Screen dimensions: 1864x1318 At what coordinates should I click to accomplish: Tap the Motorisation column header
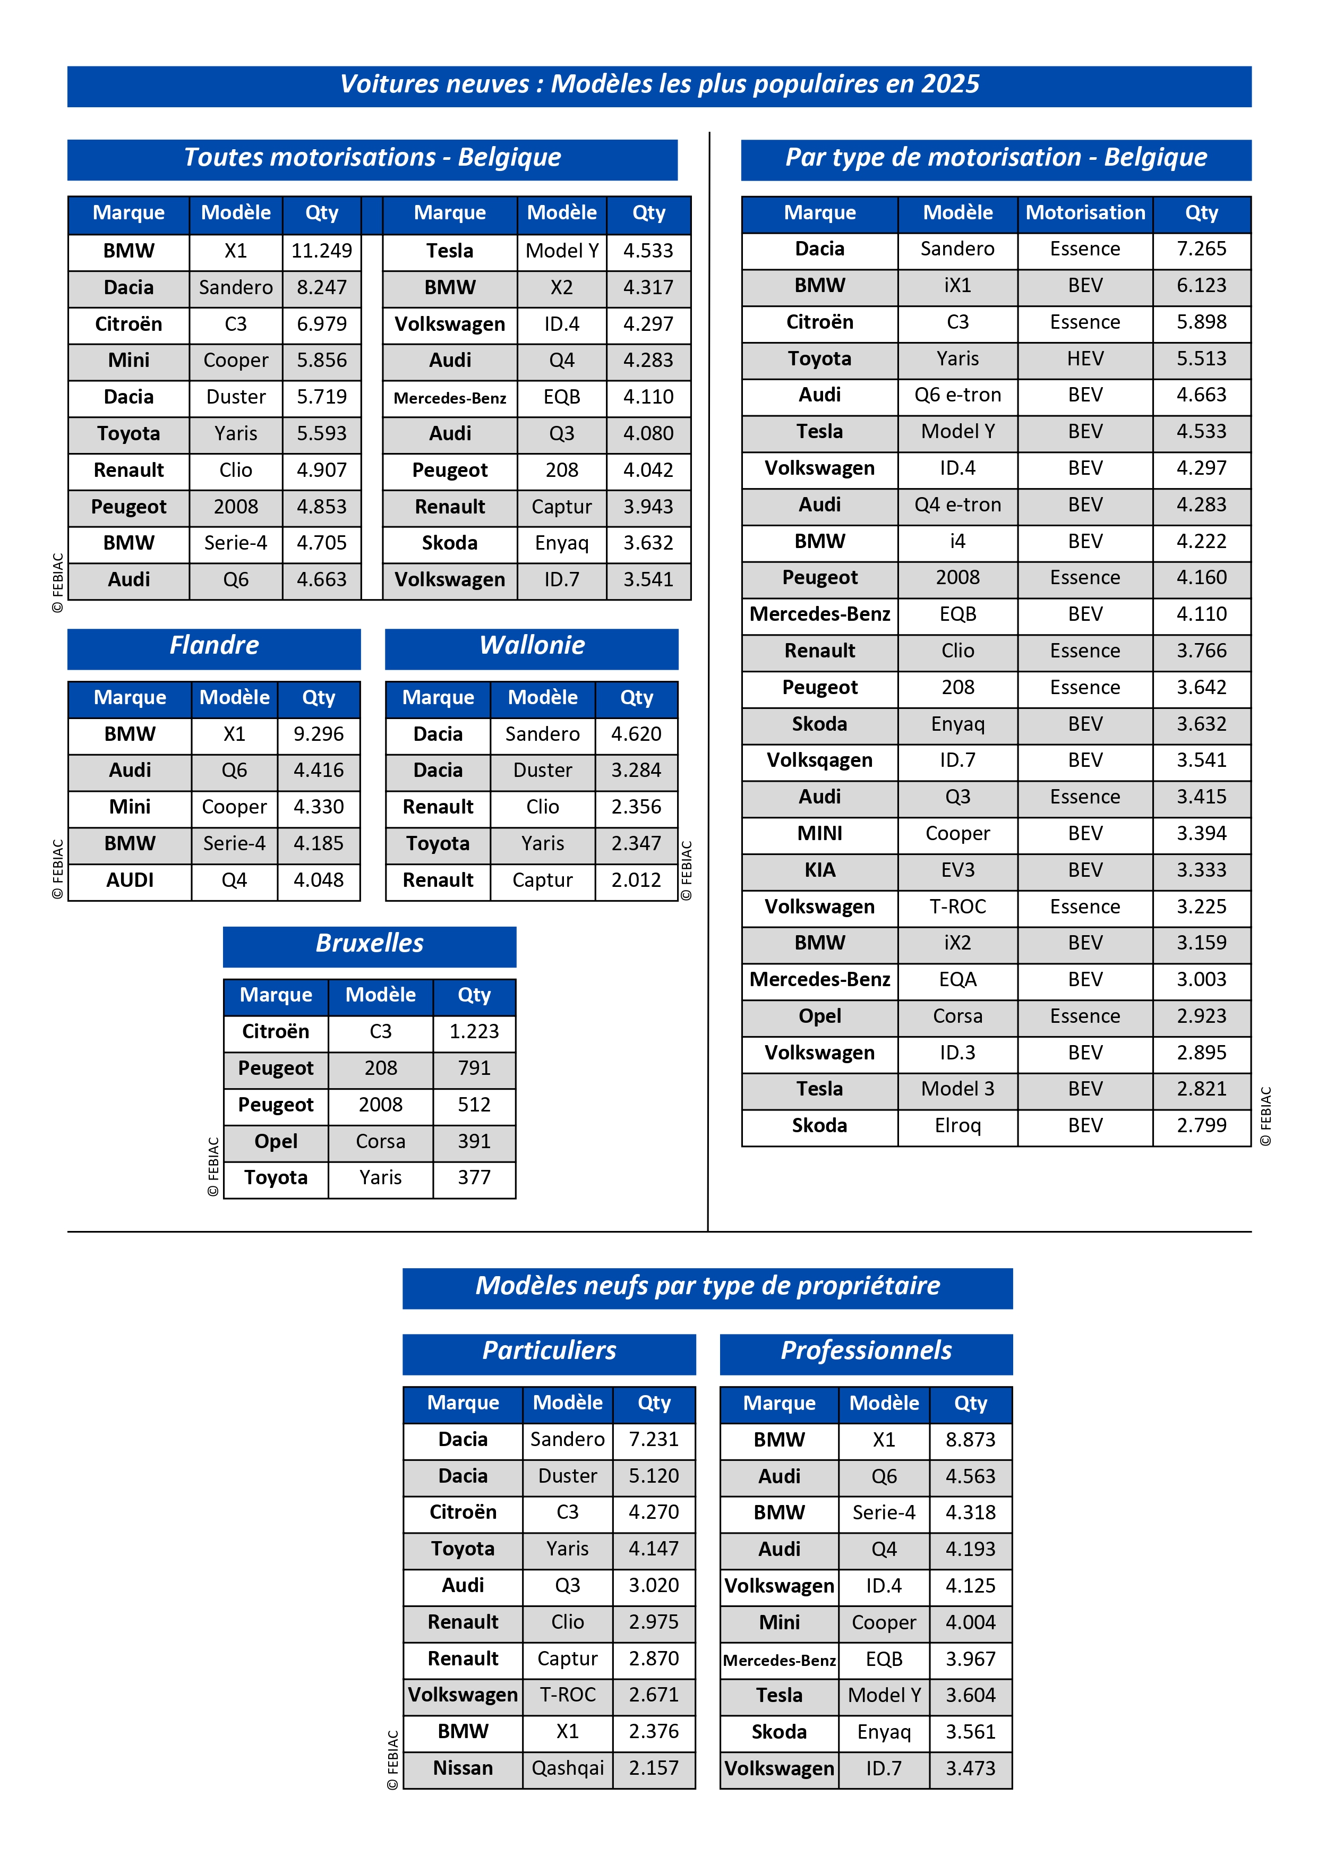coord(1084,213)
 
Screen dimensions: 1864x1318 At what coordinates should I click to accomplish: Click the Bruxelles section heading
coord(369,943)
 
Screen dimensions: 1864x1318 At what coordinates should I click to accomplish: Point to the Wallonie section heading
coord(532,645)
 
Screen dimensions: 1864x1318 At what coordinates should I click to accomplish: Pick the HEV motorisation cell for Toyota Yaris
coord(1084,359)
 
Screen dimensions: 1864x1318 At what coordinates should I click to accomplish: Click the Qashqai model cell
coord(567,1768)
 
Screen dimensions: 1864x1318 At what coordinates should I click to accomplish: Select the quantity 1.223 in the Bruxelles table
coord(474,1032)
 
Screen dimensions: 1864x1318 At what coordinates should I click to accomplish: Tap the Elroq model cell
coord(957,1126)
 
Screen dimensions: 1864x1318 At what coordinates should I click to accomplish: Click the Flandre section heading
coord(214,645)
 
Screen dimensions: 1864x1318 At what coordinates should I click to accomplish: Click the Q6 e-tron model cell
coord(957,395)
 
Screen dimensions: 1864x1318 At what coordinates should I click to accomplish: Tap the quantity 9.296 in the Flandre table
coord(318,735)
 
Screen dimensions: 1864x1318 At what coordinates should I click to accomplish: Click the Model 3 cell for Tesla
coord(957,1090)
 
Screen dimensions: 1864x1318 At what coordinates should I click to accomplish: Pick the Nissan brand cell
coord(463,1768)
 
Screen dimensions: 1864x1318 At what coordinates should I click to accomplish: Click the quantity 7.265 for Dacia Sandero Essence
coord(1201,249)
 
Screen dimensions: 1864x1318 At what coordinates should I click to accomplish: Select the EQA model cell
coord(957,980)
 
